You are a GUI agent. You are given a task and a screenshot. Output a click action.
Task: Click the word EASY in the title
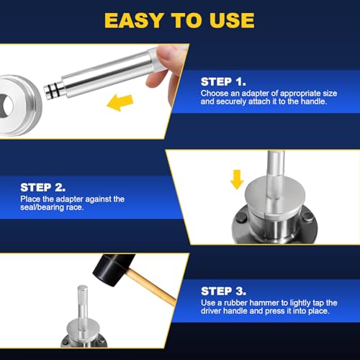(x=134, y=20)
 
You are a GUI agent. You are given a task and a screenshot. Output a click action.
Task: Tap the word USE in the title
(x=232, y=20)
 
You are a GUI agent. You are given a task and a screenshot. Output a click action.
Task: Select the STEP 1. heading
(x=223, y=82)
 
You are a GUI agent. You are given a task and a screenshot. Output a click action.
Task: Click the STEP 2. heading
(x=42, y=187)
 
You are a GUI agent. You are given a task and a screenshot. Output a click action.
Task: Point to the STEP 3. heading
(x=223, y=291)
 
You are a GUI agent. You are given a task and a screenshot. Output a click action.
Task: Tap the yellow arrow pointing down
(x=237, y=179)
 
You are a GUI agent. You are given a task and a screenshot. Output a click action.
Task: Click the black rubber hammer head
(x=113, y=269)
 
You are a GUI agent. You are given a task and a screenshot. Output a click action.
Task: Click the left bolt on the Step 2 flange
(x=241, y=219)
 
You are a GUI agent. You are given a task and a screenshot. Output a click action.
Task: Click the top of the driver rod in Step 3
(x=82, y=287)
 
